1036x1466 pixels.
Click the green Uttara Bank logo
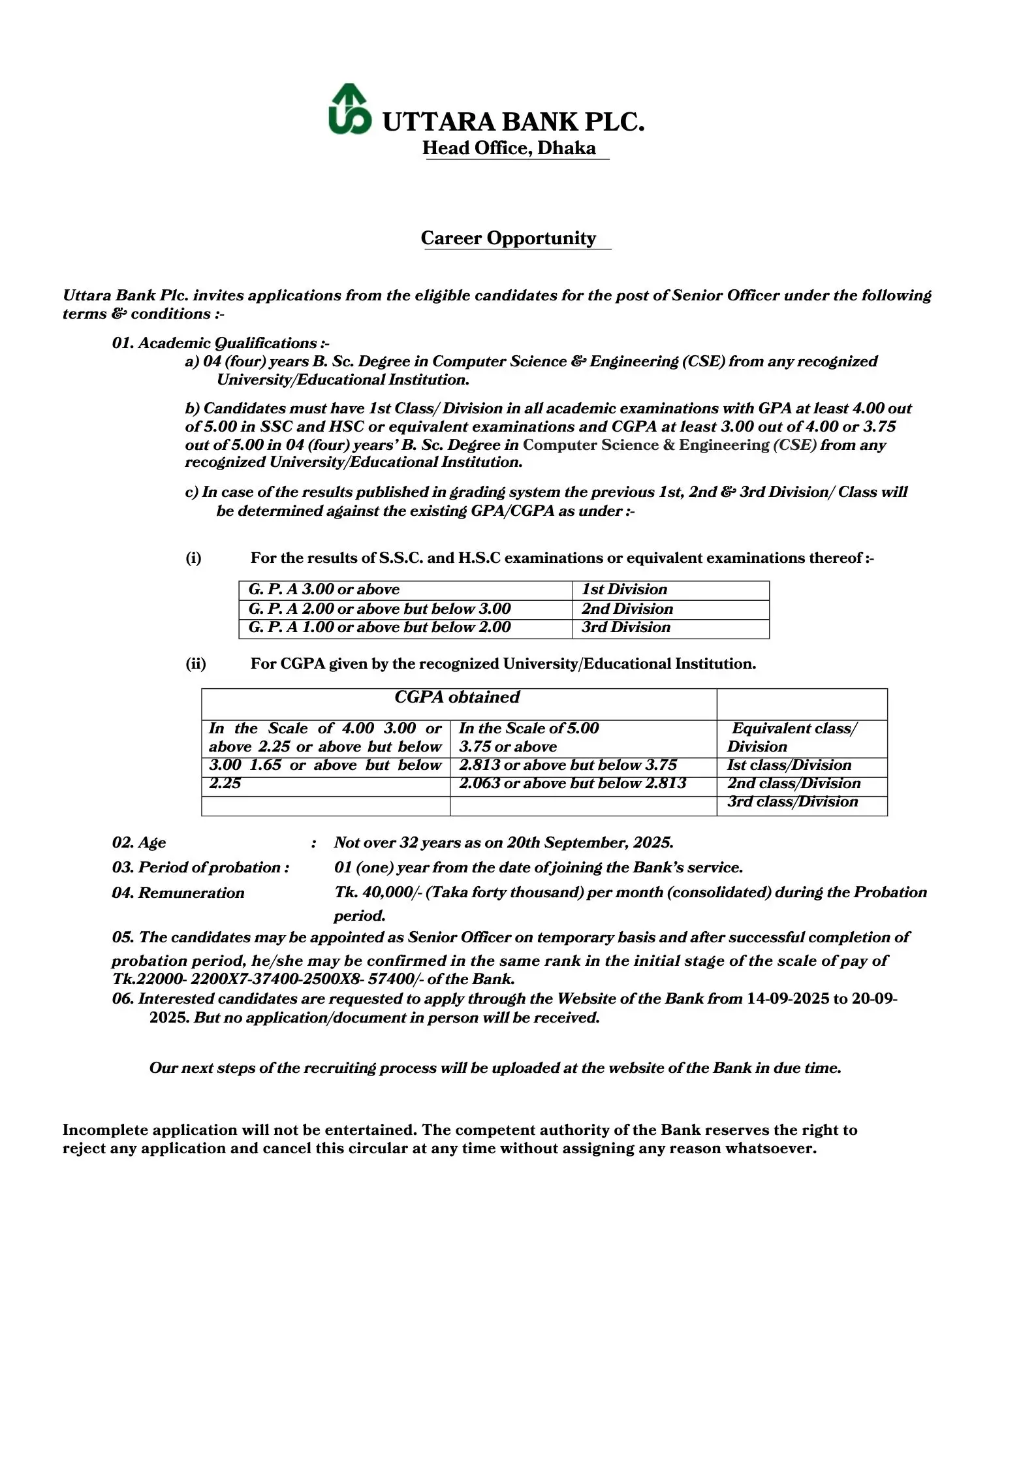tap(349, 110)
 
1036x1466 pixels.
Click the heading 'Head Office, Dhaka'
tap(509, 148)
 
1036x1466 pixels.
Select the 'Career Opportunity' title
tap(509, 238)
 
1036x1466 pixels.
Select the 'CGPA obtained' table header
tap(457, 697)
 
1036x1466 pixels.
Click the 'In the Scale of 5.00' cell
tap(529, 729)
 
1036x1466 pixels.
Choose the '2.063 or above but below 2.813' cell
tap(573, 784)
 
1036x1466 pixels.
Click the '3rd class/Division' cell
tap(793, 802)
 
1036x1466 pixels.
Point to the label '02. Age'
tap(139, 843)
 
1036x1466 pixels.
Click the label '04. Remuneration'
tap(178, 893)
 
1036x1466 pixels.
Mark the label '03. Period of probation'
tap(200, 868)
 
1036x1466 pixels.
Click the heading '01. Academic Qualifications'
tap(221, 343)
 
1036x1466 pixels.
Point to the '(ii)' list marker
tap(195, 664)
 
